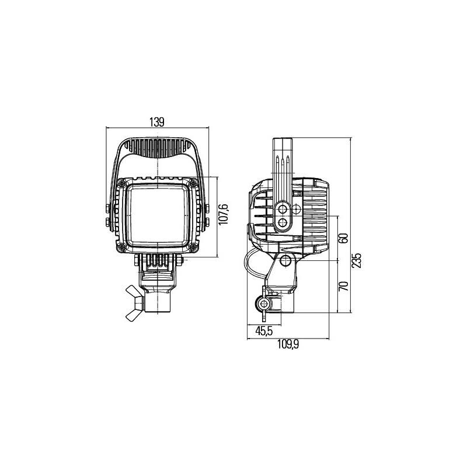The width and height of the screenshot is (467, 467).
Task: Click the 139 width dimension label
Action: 156,121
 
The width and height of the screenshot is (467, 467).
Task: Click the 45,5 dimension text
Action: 263,331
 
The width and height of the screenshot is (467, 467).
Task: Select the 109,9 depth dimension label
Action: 288,344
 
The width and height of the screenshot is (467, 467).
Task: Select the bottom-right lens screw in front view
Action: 194,248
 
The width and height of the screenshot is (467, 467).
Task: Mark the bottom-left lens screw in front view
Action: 121,248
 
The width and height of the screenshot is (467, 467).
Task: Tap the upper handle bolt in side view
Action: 284,209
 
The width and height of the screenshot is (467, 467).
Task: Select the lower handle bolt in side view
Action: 284,222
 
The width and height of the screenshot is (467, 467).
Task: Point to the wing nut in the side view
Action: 263,304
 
